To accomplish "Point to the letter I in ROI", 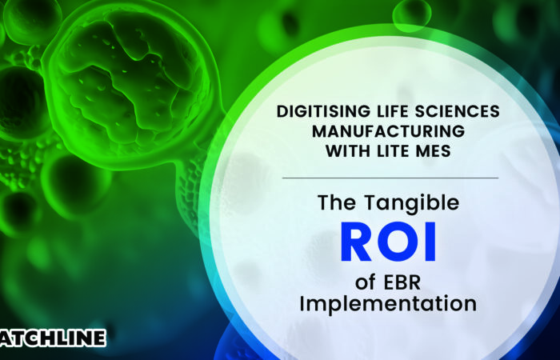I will [x=430, y=244].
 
